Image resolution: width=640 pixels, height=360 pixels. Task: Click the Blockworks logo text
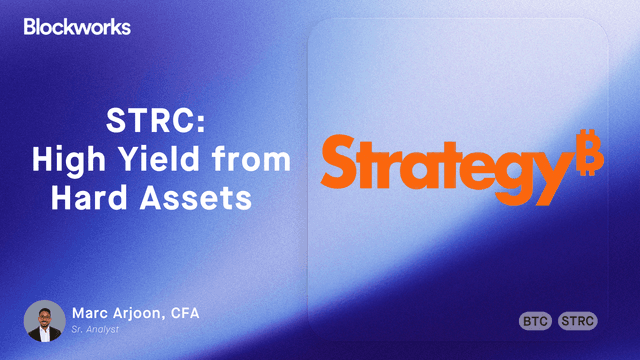pos(76,27)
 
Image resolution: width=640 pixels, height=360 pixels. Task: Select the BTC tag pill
pos(536,321)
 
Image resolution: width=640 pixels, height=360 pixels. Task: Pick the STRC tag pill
pos(578,321)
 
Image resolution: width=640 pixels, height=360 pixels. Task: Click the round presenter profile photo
pos(44,320)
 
